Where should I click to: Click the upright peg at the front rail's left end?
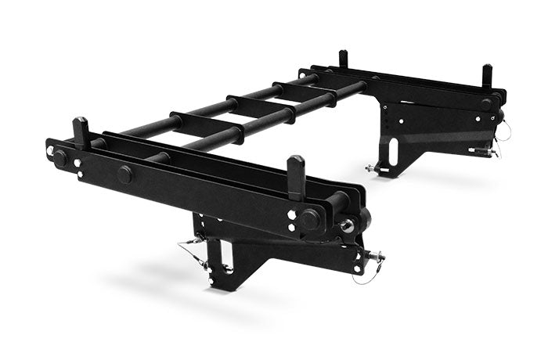click(81, 131)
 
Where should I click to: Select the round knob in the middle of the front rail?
click(124, 174)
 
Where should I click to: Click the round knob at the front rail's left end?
click(60, 157)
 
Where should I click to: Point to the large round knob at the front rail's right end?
click(310, 220)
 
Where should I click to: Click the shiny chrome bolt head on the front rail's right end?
click(345, 226)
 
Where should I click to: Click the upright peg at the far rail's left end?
click(343, 59)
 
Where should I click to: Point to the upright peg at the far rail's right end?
click(487, 76)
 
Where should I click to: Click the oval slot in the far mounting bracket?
click(392, 151)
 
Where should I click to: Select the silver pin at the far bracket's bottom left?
click(370, 167)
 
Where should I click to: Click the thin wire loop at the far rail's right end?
click(503, 132)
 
